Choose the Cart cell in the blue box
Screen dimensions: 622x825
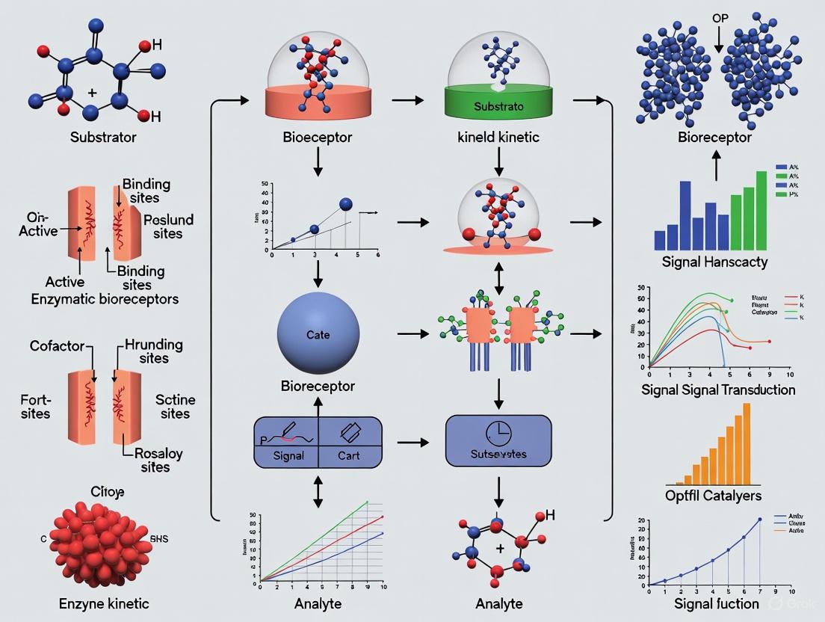point(350,455)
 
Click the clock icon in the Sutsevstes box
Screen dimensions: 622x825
point(497,431)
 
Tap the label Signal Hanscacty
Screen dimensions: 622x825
point(715,262)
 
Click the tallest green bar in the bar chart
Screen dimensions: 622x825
point(761,209)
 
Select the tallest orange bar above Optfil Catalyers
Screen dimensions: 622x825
point(746,444)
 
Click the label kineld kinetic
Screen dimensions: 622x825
point(498,138)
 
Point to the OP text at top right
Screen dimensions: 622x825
point(720,17)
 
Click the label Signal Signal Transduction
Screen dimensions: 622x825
point(717,389)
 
